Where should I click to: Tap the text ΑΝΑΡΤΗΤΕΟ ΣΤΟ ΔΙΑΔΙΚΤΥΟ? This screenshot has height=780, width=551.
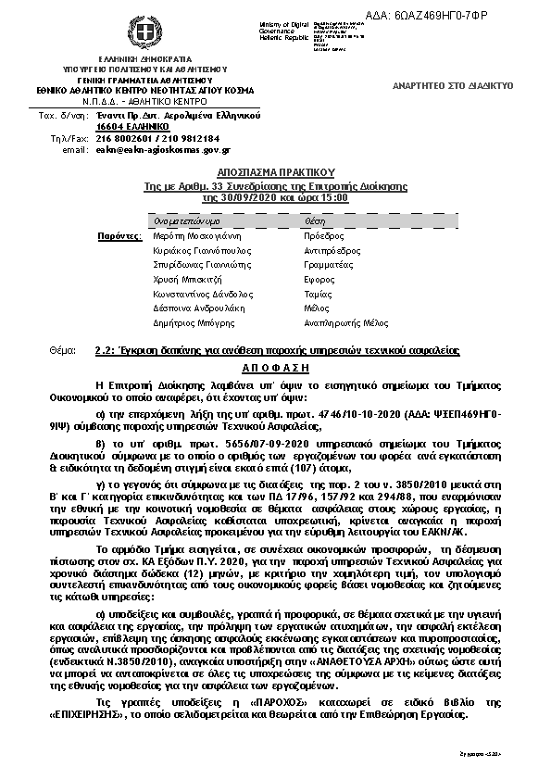tap(453, 85)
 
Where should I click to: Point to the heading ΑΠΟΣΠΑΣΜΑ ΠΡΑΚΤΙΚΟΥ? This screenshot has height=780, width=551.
tap(275, 172)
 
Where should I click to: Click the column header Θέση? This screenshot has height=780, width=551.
tap(314, 222)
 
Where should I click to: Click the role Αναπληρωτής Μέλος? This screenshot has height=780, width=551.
tap(345, 323)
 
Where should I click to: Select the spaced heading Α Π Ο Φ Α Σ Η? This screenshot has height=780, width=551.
tap(274, 367)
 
